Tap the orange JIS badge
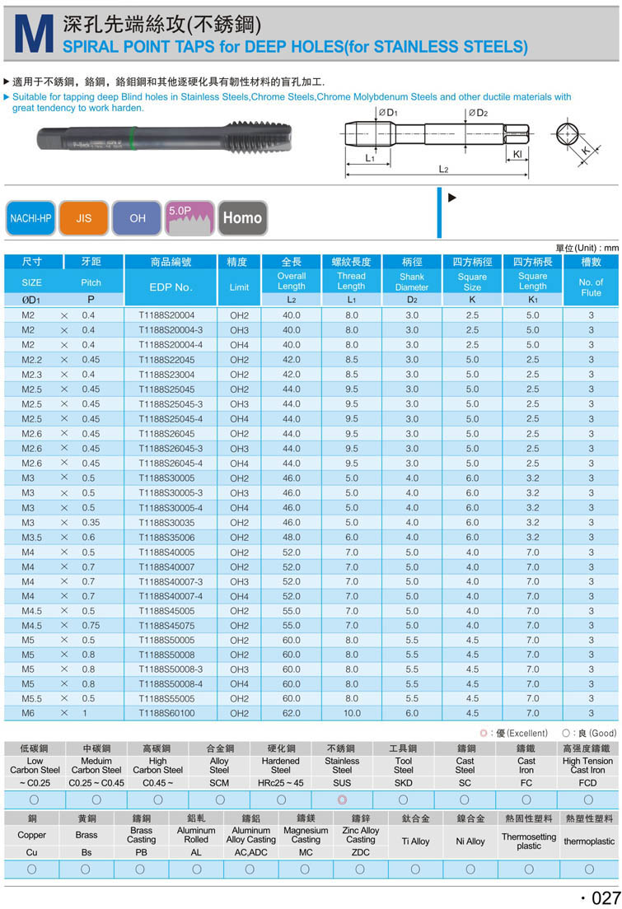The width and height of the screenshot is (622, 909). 84,218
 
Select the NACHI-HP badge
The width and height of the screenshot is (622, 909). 30,218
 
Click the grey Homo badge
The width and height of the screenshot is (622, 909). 242,218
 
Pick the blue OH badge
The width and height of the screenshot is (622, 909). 137,218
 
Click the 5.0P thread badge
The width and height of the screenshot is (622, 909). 189,217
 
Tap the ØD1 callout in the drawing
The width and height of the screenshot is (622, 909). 388,113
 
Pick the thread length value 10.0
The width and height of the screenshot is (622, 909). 351,713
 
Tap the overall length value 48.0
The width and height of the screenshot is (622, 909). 292,537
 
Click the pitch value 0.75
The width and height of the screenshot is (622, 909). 91,625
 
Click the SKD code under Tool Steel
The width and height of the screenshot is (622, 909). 404,782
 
